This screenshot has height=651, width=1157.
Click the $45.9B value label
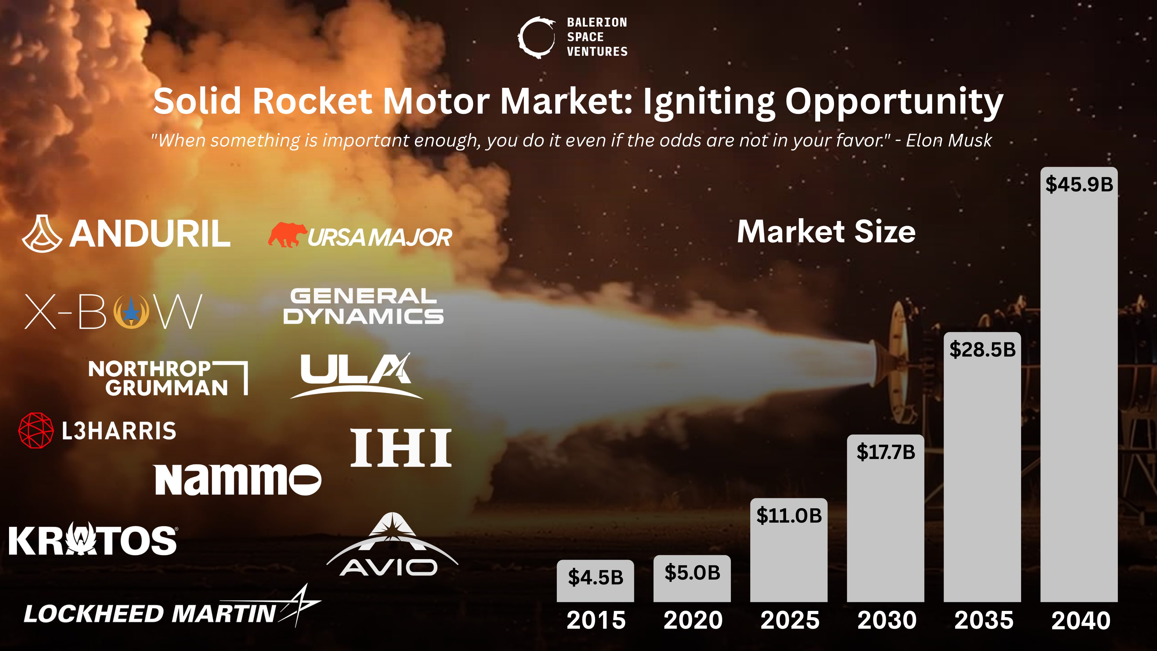click(x=1079, y=184)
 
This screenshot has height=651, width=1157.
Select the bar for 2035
click(x=982, y=476)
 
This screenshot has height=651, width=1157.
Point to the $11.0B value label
click(x=789, y=515)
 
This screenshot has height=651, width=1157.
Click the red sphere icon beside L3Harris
click(x=36, y=430)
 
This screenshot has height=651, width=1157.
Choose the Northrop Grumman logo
click(x=168, y=378)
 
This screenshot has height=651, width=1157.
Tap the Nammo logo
click(x=238, y=480)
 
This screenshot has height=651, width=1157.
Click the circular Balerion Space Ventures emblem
click(x=536, y=37)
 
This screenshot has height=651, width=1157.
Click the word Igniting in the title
click(x=709, y=102)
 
